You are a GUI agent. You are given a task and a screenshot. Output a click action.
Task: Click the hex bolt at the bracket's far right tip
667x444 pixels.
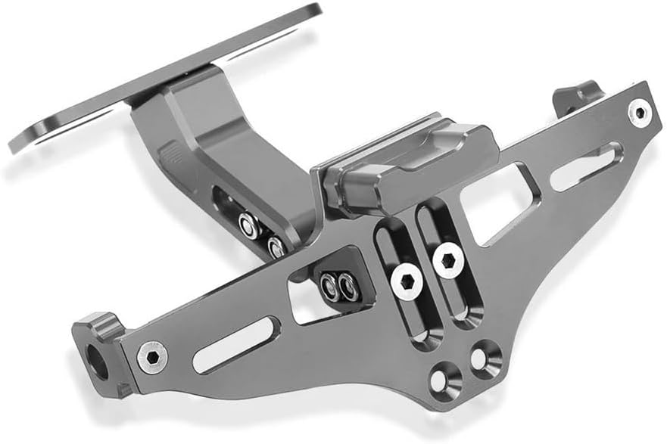point(640,113)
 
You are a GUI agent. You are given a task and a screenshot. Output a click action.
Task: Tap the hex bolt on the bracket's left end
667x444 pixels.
point(152,356)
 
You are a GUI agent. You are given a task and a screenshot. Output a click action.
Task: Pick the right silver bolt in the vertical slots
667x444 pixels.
point(448,261)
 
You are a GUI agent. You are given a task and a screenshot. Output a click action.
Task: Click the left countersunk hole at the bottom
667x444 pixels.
point(446,377)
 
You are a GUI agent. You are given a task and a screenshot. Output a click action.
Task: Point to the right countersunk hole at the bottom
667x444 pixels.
point(485,356)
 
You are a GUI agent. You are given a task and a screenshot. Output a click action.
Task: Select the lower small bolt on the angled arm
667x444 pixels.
point(276,246)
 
